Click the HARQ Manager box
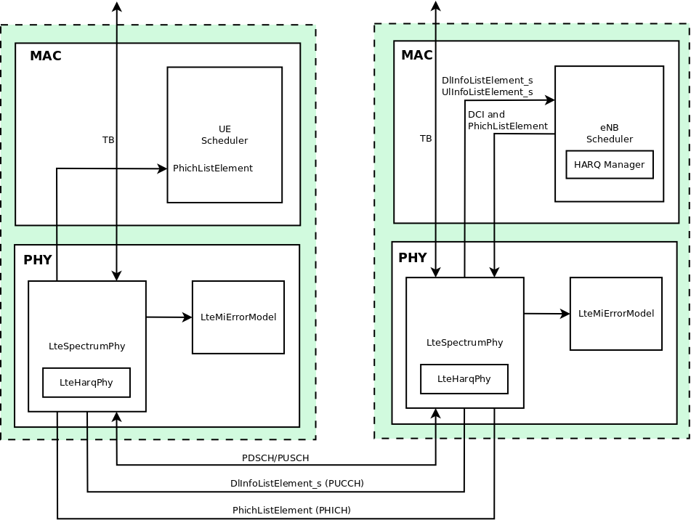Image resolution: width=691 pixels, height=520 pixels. pos(609,165)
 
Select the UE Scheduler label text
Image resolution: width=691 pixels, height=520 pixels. pos(225,134)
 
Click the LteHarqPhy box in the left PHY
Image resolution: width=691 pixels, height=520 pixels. pos(86,383)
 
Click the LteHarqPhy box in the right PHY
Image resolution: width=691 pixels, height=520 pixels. pos(464,379)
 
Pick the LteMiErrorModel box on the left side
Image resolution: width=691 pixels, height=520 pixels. pos(238,317)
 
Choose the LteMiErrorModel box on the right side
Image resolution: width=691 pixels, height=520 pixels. pos(615,314)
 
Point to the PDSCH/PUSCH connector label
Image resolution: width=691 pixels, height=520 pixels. pos(275,458)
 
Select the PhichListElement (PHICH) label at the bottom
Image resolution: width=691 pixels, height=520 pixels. pos(291,511)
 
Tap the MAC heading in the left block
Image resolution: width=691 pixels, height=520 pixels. pos(46,56)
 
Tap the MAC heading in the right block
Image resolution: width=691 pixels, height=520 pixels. pos(416,55)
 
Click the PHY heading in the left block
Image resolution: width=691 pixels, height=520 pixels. pos(38,260)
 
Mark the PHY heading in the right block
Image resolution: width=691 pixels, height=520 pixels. pos(412,258)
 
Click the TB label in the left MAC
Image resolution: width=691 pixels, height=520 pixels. pos(108,139)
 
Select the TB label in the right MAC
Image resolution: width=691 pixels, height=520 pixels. pos(426,138)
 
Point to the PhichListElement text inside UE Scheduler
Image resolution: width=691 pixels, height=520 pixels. pos(213,168)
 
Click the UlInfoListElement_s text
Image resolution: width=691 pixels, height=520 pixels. pos(487,92)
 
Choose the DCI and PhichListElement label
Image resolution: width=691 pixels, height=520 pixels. pos(507,121)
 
